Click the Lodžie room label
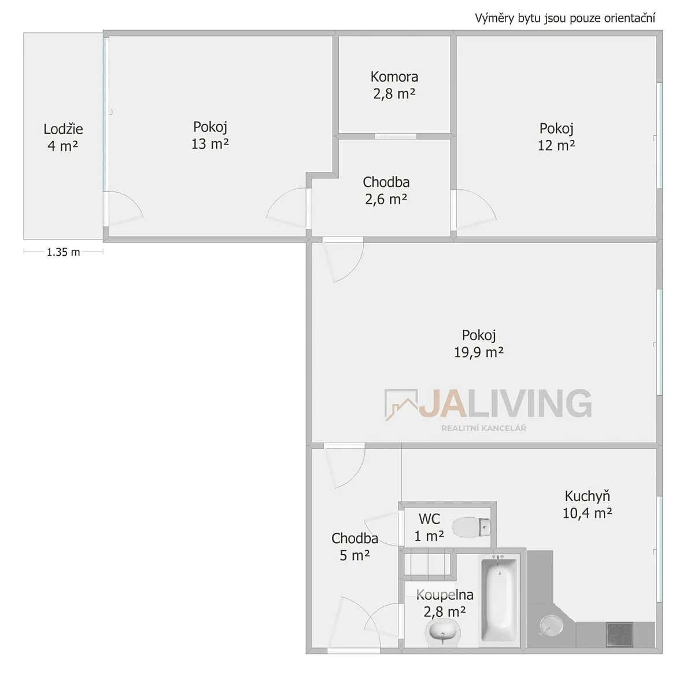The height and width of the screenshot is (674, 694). click(x=63, y=129)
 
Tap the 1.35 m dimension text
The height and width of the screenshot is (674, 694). click(x=64, y=252)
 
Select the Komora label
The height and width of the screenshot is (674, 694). click(x=394, y=77)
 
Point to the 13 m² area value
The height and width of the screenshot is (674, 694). click(x=210, y=144)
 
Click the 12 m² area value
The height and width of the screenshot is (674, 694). click(x=556, y=146)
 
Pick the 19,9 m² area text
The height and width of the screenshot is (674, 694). click(x=479, y=352)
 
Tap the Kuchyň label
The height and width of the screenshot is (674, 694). click(x=588, y=496)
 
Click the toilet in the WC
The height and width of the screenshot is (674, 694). click(x=471, y=527)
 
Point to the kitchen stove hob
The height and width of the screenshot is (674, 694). click(x=620, y=635)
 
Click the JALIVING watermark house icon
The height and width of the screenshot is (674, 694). click(x=401, y=404)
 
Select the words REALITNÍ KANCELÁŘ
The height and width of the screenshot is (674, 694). click(x=483, y=428)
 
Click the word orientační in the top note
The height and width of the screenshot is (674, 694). click(x=629, y=18)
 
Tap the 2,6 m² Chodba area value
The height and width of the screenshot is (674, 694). click(x=386, y=200)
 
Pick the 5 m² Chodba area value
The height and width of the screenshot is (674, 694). click(x=355, y=555)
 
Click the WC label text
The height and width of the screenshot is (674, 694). click(x=429, y=519)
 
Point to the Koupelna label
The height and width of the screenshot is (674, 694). click(x=445, y=595)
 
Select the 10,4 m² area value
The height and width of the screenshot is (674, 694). click(x=588, y=513)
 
